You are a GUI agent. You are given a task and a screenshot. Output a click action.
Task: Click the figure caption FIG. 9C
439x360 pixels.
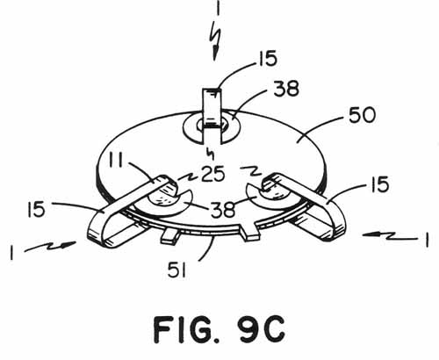[219, 329]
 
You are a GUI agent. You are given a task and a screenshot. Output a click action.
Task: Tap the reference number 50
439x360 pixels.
[362, 115]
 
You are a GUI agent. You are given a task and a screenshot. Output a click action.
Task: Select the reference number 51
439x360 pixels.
[177, 270]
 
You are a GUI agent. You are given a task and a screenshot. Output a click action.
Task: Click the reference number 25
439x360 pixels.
[213, 174]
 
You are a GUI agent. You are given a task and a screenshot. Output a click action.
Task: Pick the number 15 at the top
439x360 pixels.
[267, 58]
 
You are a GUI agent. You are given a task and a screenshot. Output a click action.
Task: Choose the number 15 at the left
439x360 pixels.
[36, 210]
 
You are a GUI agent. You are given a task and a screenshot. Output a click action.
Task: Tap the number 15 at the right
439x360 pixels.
[380, 184]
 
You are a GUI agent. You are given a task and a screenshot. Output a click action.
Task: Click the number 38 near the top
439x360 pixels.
[286, 89]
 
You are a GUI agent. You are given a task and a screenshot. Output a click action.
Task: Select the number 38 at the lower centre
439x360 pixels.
[223, 210]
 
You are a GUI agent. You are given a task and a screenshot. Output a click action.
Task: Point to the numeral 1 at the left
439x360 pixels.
[11, 253]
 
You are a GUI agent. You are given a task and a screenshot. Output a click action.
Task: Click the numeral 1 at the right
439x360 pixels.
[427, 240]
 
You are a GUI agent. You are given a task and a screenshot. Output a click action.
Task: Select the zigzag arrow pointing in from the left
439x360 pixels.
[50, 247]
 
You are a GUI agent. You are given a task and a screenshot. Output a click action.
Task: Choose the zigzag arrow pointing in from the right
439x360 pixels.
[390, 235]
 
